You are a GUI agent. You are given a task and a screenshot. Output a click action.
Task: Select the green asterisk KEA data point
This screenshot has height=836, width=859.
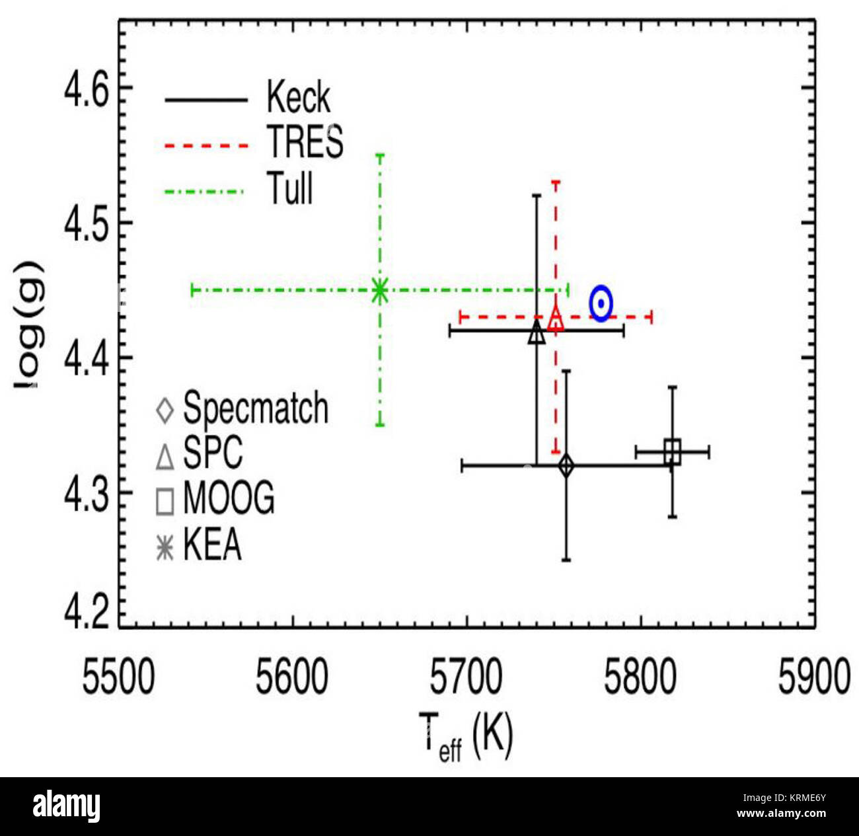click(x=379, y=291)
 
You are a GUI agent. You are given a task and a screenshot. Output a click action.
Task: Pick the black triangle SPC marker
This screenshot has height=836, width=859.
click(x=537, y=333)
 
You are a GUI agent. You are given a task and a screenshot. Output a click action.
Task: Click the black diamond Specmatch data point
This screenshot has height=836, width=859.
click(x=566, y=466)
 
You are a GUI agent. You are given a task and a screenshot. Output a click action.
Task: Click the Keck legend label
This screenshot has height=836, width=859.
click(x=298, y=98)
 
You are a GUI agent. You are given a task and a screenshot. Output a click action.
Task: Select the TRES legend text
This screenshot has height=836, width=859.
click(x=305, y=141)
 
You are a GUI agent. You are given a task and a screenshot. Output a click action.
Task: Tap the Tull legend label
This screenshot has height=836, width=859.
click(x=289, y=188)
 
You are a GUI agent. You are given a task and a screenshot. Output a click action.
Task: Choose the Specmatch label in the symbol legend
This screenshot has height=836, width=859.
click(x=255, y=408)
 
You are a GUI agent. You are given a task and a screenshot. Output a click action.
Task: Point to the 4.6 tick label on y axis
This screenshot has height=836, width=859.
click(x=86, y=90)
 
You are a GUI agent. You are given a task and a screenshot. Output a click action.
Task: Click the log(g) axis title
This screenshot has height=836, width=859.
click(x=28, y=324)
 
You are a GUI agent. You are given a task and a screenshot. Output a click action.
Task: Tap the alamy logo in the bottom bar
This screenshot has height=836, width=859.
click(x=66, y=807)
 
